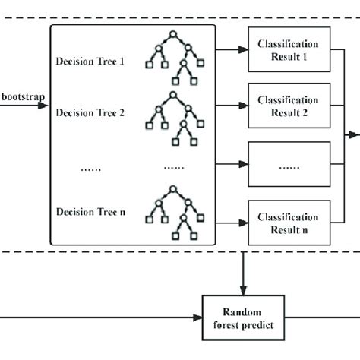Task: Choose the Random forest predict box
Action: click(242, 317)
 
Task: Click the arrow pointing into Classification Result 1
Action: click(232, 50)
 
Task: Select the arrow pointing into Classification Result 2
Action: click(232, 107)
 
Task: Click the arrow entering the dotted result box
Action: click(232, 164)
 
